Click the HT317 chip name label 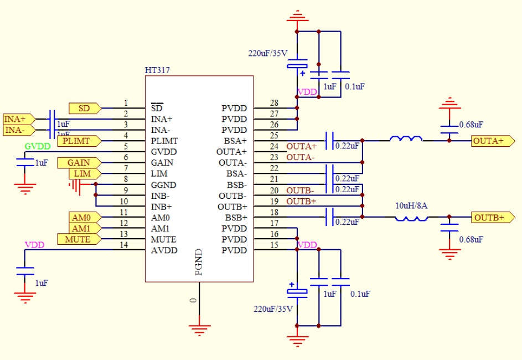click(157, 70)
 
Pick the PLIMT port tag click(79, 141)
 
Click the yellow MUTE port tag click(78, 239)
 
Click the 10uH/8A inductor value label click(410, 205)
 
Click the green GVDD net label click(38, 146)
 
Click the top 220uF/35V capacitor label click(267, 54)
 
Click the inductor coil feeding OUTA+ click(406, 138)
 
